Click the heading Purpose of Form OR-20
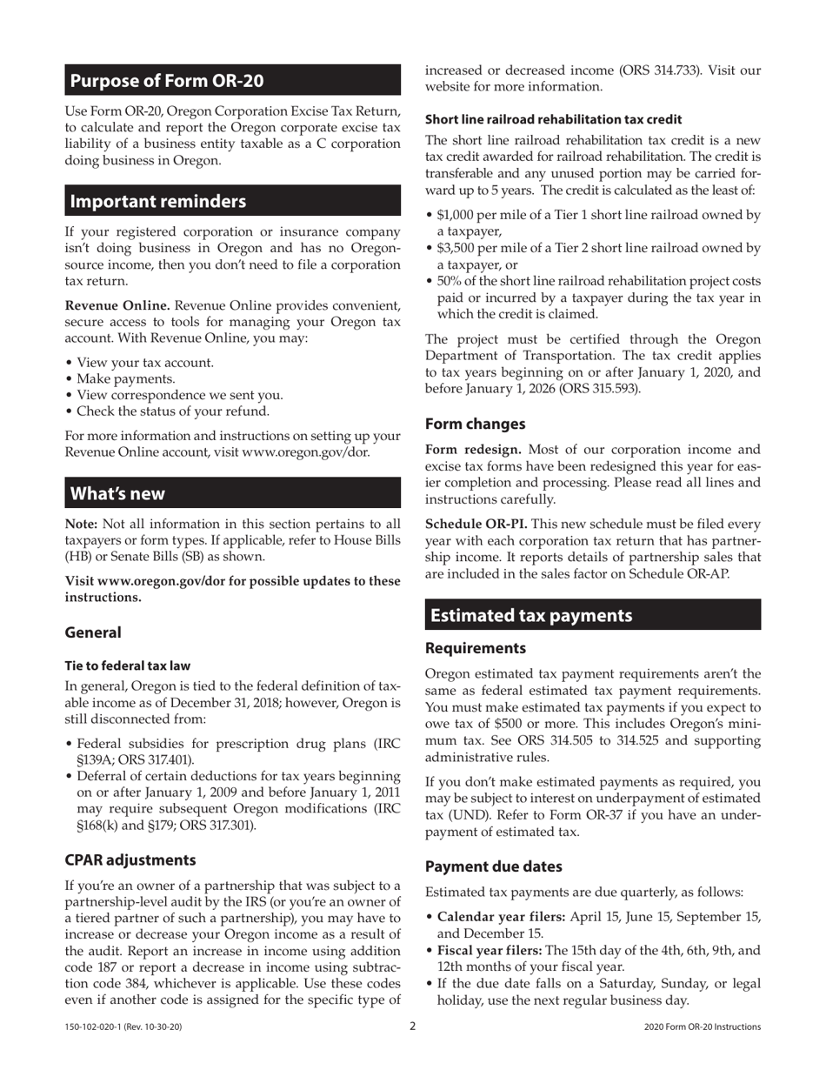point(166,81)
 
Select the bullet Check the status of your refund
point(172,411)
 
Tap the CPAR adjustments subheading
point(130,859)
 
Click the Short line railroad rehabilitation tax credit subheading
point(553,119)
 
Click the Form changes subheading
point(475,424)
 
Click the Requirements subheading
point(476,648)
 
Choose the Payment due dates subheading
point(493,866)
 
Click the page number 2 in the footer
point(413,1027)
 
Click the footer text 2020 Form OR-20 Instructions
point(703,1027)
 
